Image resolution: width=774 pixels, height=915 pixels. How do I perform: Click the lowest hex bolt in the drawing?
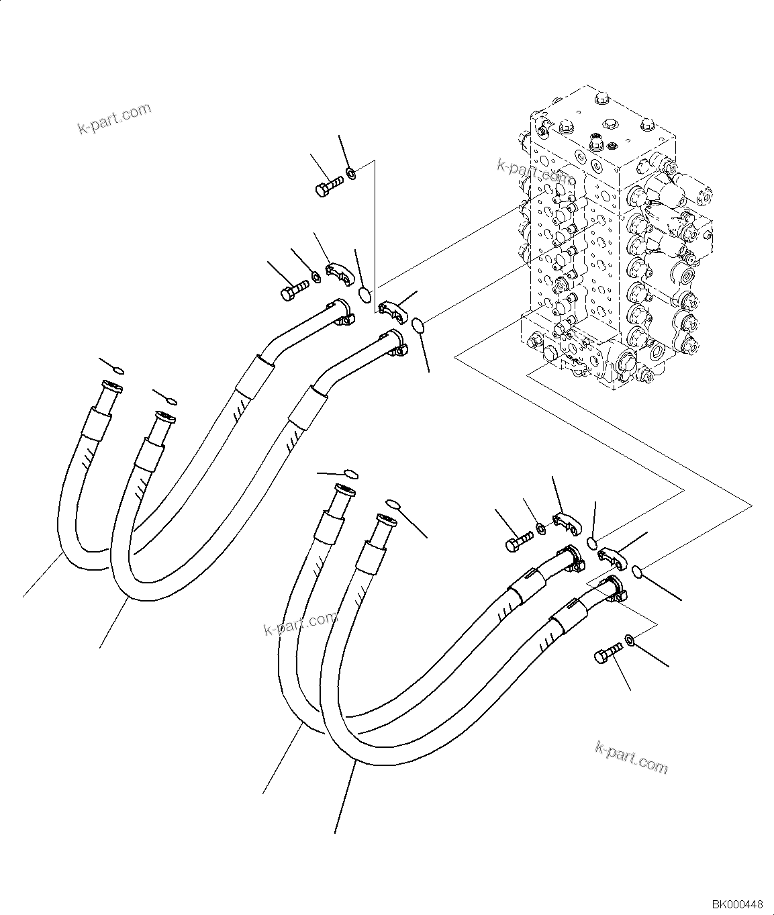click(608, 653)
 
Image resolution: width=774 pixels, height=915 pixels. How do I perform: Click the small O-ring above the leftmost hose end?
click(118, 370)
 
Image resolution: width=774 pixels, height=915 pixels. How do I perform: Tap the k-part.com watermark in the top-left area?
click(115, 118)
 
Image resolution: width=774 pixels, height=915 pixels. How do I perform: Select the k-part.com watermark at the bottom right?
click(632, 757)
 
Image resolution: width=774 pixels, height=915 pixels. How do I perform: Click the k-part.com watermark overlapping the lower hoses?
click(300, 624)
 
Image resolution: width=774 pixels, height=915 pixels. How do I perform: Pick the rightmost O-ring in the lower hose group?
click(638, 572)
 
